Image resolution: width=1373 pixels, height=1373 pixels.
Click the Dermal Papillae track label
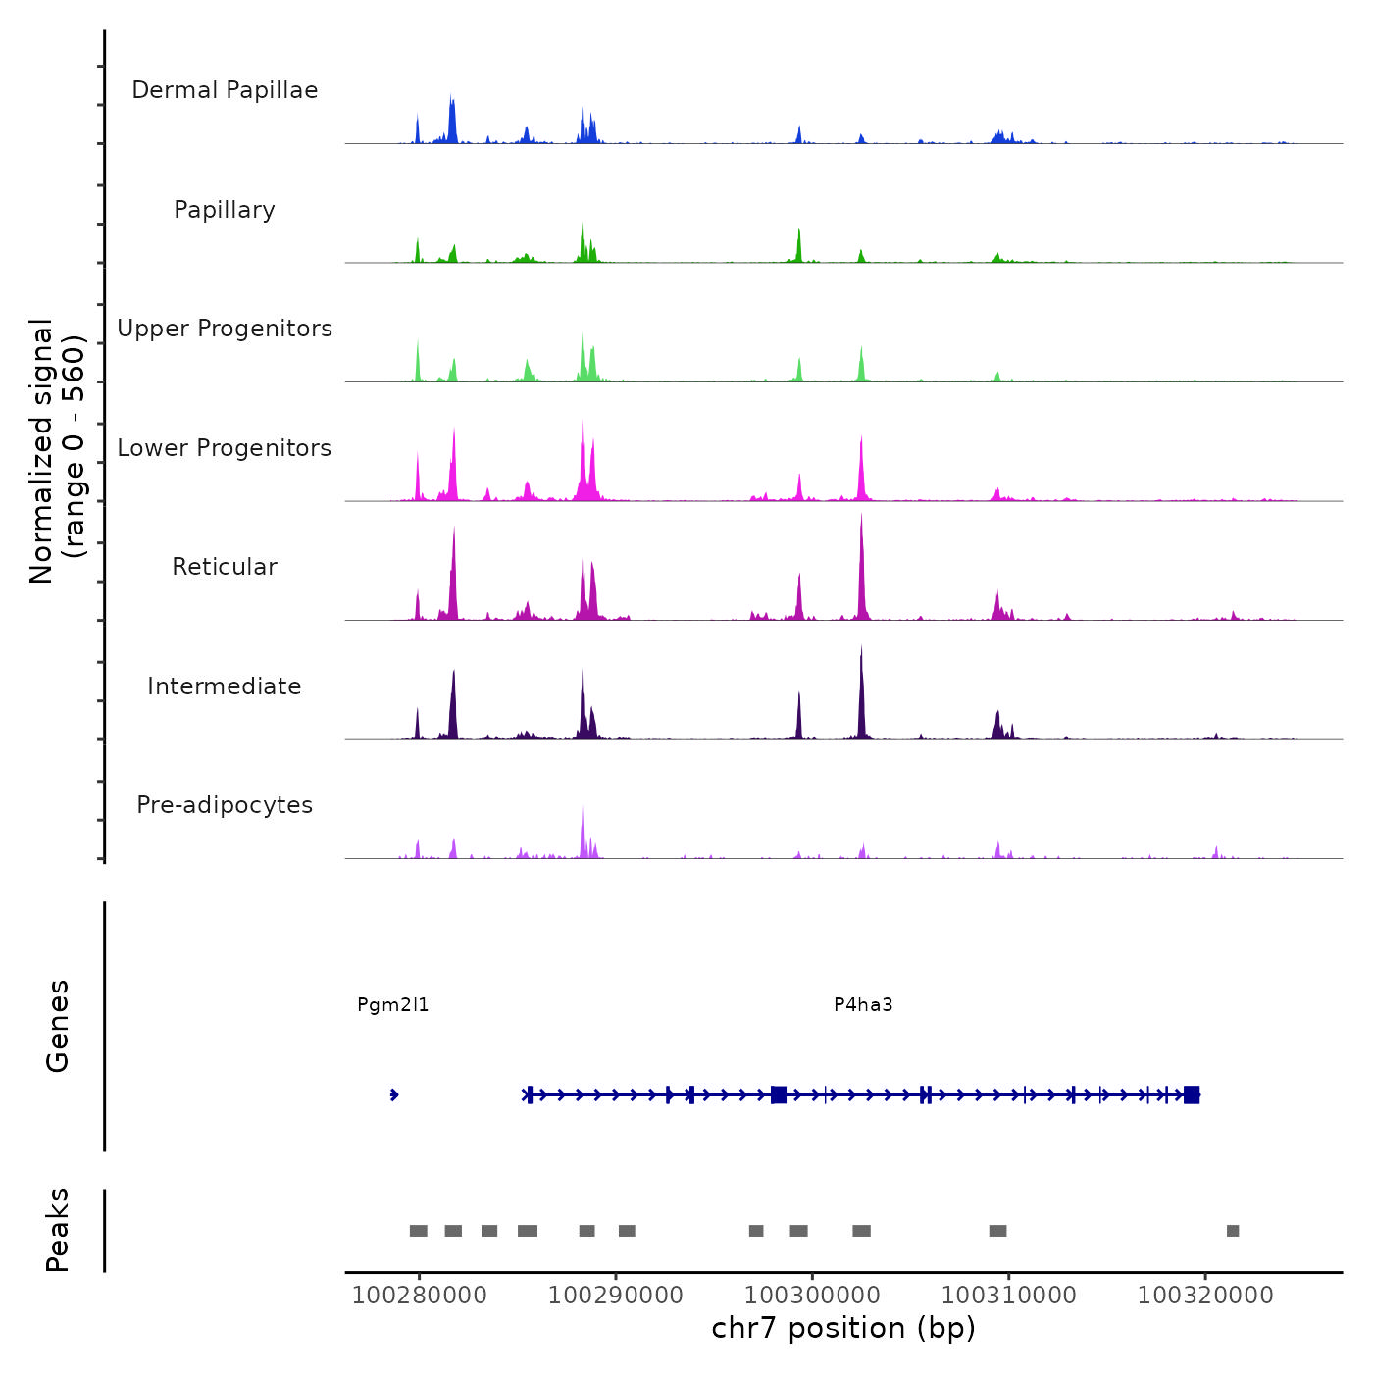tap(225, 90)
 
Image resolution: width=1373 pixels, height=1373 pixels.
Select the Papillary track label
tap(225, 210)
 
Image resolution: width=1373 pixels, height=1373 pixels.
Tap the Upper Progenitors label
tap(225, 329)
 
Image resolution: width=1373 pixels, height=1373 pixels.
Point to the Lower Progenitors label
tap(225, 448)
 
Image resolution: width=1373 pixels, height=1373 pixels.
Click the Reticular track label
tap(225, 567)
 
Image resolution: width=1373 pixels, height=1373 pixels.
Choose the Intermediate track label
tap(225, 686)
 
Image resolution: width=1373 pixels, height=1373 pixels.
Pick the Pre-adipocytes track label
tap(225, 805)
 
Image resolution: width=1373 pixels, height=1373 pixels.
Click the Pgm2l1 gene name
tap(392, 1005)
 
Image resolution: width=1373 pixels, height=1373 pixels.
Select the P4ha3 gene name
tap(863, 1005)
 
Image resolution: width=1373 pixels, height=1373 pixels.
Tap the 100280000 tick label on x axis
tap(419, 1296)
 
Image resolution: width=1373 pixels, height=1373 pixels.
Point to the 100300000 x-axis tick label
tap(812, 1296)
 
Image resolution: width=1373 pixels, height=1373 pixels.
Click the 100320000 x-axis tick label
tap(1205, 1296)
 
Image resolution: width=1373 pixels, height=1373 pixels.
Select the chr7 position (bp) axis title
tap(843, 1329)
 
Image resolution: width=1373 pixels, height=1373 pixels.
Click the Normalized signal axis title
tap(57, 451)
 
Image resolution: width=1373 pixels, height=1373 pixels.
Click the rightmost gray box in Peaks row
tap(1233, 1231)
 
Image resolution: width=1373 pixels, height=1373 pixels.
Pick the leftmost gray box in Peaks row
tap(419, 1231)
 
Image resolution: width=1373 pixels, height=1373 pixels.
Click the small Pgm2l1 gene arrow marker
tap(394, 1094)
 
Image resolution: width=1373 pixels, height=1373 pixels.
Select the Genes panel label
tap(58, 1026)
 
